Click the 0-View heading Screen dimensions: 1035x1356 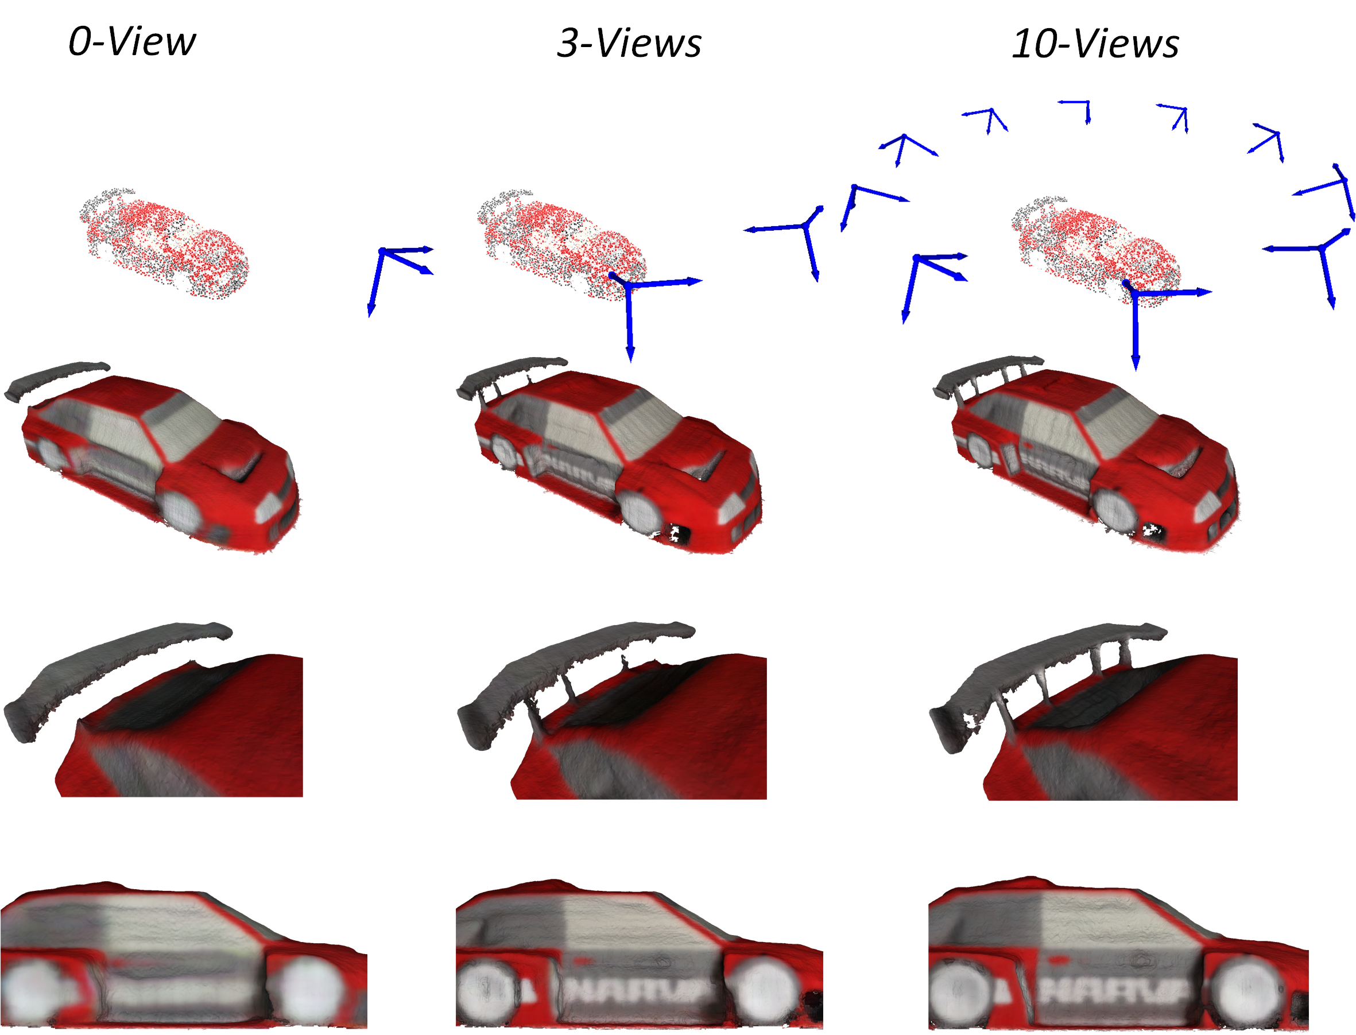point(132,42)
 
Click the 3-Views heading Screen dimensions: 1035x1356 point(629,43)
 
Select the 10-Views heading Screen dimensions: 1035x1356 point(1095,44)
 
